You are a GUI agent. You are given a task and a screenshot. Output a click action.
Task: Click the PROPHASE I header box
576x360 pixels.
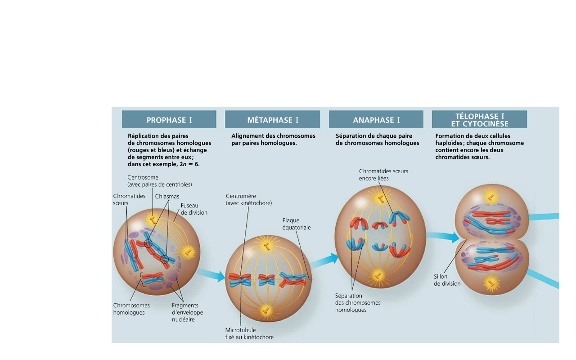click(x=169, y=120)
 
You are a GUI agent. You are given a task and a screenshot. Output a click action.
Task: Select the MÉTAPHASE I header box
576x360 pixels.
click(x=272, y=120)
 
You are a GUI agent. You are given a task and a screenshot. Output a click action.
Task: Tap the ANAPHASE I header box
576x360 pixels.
click(x=376, y=120)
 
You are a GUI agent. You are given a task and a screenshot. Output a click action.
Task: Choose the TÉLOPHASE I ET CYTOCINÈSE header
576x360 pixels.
click(x=479, y=120)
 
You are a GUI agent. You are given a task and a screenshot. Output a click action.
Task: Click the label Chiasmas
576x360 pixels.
click(x=167, y=196)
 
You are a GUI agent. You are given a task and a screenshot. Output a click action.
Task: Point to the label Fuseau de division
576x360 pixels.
click(x=194, y=209)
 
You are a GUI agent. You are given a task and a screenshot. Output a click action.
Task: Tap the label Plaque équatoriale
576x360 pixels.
click(x=296, y=224)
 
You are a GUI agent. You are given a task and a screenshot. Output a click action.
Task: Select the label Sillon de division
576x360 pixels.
click(x=447, y=280)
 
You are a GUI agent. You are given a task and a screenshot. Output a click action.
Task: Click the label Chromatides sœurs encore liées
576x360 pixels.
click(x=383, y=175)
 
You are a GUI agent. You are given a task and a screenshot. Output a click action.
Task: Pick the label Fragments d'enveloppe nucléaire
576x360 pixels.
click(x=187, y=312)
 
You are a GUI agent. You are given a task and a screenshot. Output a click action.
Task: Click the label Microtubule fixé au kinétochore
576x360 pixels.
click(x=249, y=333)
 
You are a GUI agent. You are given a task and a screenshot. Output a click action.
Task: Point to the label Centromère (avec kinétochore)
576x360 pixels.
click(x=248, y=199)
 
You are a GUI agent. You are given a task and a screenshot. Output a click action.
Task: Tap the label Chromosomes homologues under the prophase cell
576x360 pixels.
click(x=131, y=309)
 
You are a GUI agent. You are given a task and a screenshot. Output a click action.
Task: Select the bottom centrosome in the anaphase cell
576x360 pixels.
click(x=378, y=274)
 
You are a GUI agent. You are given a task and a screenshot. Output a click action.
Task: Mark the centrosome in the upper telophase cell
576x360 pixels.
click(x=490, y=196)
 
